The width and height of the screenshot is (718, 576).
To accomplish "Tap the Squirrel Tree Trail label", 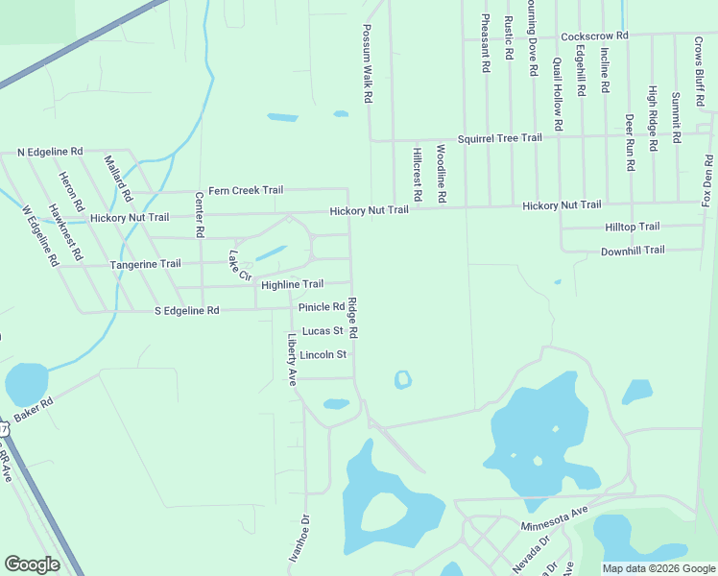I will pos(499,138).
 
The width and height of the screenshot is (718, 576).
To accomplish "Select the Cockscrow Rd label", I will pos(594,36).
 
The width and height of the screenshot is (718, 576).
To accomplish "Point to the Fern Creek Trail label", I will pos(246,190).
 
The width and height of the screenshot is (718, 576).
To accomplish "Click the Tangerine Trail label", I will pos(145,264).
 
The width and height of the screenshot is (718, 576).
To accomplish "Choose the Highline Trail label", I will pos(292,284).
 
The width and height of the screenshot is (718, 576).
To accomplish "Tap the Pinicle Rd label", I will pos(321,307).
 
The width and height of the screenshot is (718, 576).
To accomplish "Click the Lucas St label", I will pos(323,331).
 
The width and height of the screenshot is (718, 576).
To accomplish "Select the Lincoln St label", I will pos(322,354).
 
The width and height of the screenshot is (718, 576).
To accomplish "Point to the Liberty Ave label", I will pos(292,356).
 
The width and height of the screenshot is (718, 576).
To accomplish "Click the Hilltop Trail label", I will pos(632,227).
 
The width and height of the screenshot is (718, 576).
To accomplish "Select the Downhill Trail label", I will pos(633,250).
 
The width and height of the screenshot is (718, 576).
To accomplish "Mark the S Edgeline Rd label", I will pos(187,311).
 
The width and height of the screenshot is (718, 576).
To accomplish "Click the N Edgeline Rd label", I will pos(51,152).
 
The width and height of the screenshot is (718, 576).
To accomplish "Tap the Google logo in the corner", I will pos(32,564).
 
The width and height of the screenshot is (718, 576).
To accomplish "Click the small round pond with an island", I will pos(403,380).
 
